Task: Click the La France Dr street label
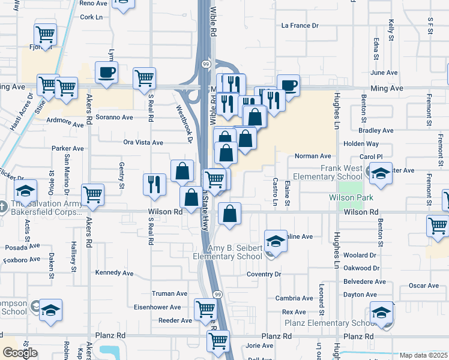tap(300, 26)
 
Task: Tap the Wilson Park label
tap(351, 197)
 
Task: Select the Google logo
tap(20, 353)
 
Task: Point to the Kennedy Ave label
tap(114, 272)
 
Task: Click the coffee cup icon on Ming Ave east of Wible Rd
tap(288, 85)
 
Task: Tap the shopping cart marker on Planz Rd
tap(218, 341)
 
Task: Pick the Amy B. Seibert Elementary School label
tap(229, 252)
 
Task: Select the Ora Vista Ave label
tap(143, 143)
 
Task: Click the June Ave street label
tap(384, 73)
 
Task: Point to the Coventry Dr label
tap(264, 274)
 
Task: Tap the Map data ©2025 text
tap(424, 355)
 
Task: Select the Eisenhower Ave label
tap(158, 307)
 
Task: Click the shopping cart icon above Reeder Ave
tap(205, 309)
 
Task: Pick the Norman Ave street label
tap(313, 156)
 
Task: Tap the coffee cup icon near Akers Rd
tap(106, 73)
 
